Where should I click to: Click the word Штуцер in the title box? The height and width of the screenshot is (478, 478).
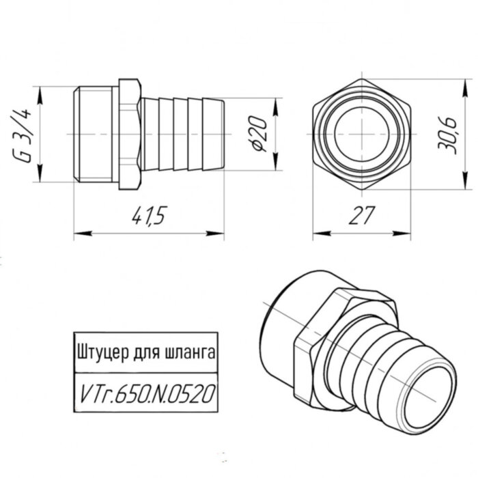[x=101, y=354]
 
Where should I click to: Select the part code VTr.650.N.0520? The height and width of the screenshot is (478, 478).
[x=144, y=392]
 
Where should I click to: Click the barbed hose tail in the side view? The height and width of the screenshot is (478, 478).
[x=181, y=133]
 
